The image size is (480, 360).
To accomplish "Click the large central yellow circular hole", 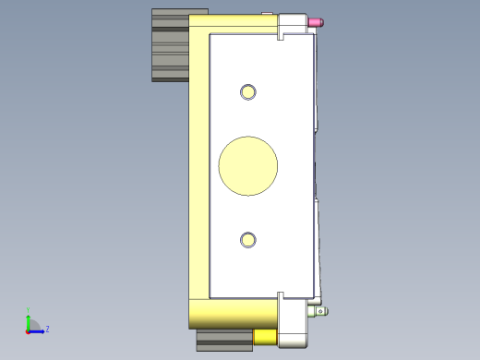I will [247, 166].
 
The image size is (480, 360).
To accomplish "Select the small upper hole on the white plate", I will [247, 91].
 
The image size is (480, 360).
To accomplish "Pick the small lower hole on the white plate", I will [247, 240].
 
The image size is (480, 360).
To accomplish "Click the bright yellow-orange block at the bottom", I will [265, 338].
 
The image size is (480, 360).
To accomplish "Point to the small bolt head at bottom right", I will [321, 311].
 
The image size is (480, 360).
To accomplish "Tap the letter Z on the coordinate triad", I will [47, 329].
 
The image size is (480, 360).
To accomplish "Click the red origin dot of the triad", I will [28, 330].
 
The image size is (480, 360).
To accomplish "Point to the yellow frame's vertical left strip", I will [198, 166].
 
